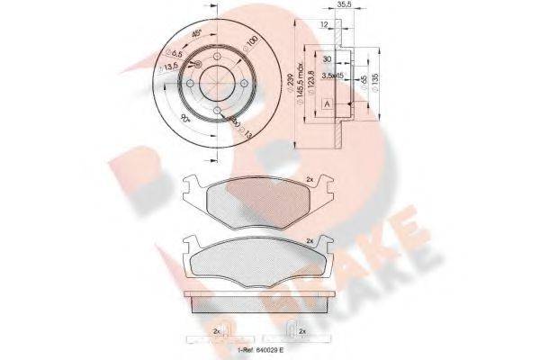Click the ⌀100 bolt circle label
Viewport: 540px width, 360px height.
[252, 43]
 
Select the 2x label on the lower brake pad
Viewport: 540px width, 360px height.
[310, 241]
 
